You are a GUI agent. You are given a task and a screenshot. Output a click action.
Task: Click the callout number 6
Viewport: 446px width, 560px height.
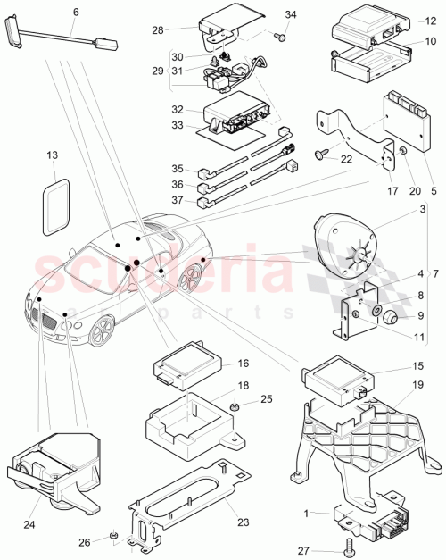[75, 12]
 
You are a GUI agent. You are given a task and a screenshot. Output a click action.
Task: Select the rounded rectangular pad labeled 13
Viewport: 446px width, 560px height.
[60, 204]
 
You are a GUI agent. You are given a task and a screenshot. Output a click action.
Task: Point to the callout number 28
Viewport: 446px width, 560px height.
[182, 30]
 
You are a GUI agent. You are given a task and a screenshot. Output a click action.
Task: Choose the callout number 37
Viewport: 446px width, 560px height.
[178, 202]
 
